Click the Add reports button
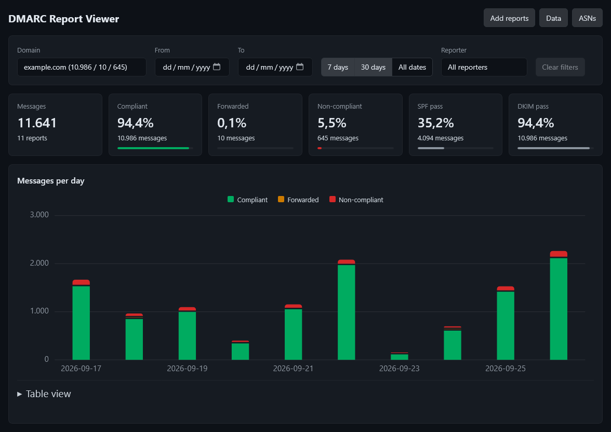click(509, 18)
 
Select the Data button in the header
click(553, 18)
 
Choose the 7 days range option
click(338, 67)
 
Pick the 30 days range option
click(373, 67)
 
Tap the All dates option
click(412, 67)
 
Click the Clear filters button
click(560, 67)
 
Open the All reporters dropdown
click(484, 67)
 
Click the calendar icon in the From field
click(217, 67)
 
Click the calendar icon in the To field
click(300, 67)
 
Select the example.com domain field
click(82, 67)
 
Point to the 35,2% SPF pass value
click(435, 123)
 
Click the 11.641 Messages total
click(37, 123)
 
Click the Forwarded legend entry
click(298, 200)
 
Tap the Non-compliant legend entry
click(356, 200)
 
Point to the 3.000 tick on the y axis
click(39, 215)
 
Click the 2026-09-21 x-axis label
click(293, 369)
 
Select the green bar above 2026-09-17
click(81, 323)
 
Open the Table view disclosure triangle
click(20, 394)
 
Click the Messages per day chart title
click(51, 181)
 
